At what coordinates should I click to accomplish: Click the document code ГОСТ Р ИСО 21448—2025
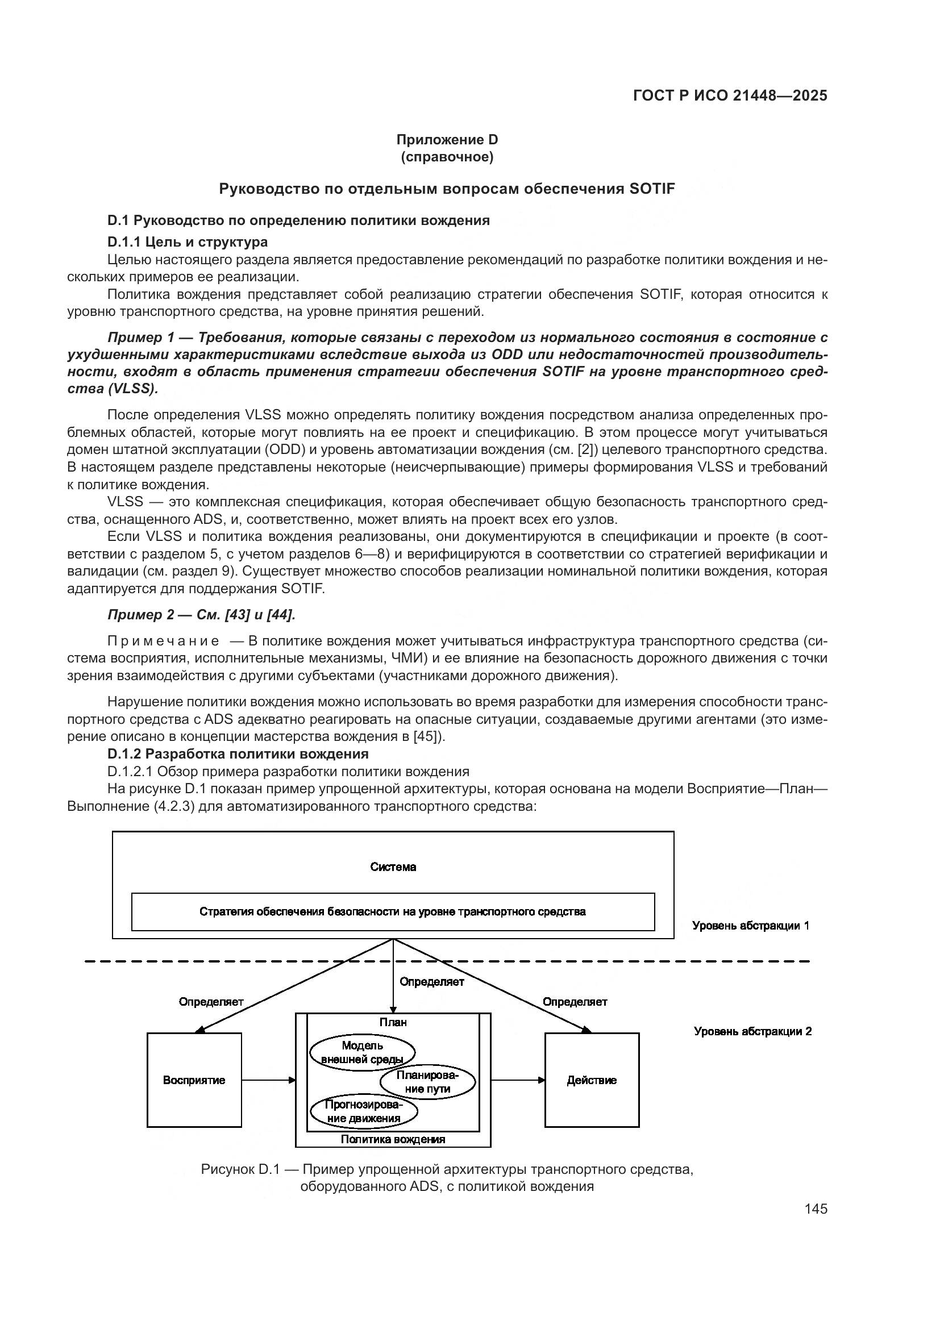pyautogui.click(x=730, y=95)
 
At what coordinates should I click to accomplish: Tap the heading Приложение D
pyautogui.click(x=447, y=140)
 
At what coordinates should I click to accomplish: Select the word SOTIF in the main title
pyautogui.click(x=651, y=189)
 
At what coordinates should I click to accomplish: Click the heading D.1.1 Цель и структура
pyautogui.click(x=188, y=241)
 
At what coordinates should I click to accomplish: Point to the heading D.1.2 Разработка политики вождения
pyautogui.click(x=238, y=753)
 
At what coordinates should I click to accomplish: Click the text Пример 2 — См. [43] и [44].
pyautogui.click(x=201, y=615)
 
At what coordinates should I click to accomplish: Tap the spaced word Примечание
pyautogui.click(x=163, y=641)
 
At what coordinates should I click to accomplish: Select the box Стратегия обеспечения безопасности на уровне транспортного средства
pyautogui.click(x=393, y=911)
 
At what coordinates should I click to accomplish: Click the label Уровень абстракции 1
pyautogui.click(x=751, y=926)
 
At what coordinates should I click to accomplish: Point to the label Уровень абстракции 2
pyautogui.click(x=752, y=1031)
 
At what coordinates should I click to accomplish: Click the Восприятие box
pyautogui.click(x=194, y=1080)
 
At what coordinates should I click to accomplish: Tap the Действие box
pyautogui.click(x=592, y=1080)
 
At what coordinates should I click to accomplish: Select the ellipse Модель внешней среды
pyautogui.click(x=363, y=1052)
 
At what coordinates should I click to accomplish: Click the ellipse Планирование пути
pyautogui.click(x=428, y=1082)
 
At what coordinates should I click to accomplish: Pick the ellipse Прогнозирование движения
pyautogui.click(x=364, y=1111)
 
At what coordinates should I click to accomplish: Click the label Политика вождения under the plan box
pyautogui.click(x=393, y=1139)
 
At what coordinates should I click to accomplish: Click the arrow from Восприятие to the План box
pyautogui.click(x=268, y=1080)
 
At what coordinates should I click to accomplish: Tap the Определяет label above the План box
pyautogui.click(x=432, y=982)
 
